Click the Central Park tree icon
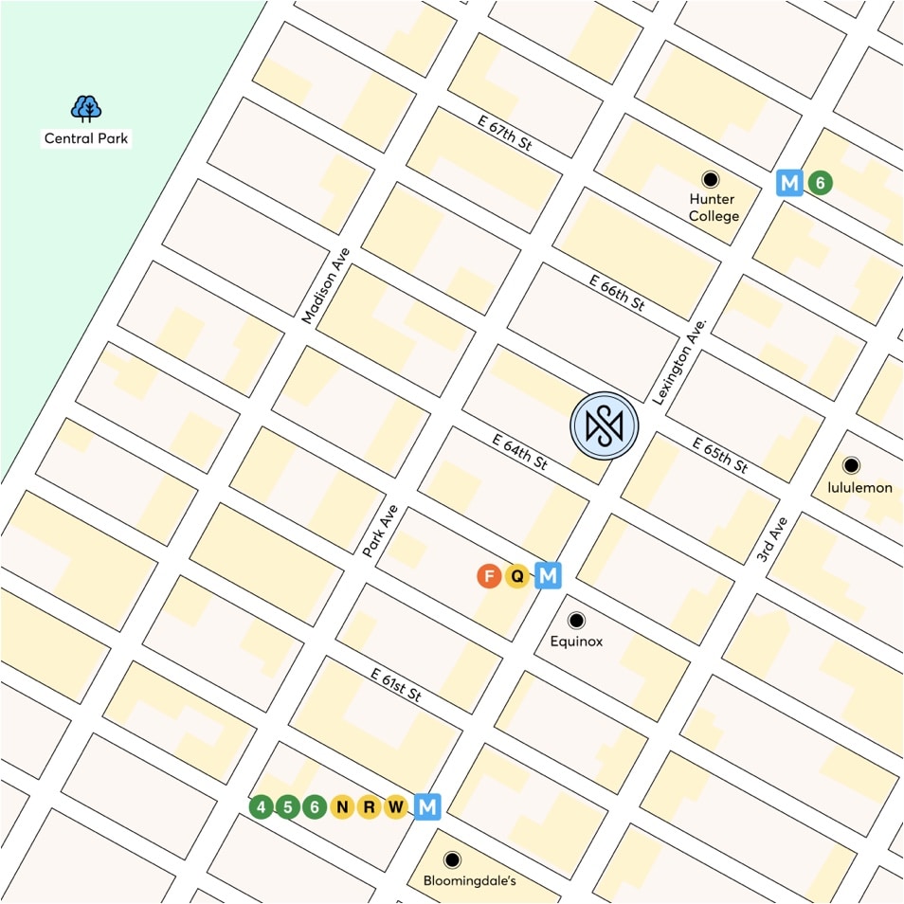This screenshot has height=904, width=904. pos(86,109)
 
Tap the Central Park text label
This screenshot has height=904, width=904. pos(86,138)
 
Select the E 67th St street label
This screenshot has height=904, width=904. pos(503,132)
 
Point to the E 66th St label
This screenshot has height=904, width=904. pos(616,293)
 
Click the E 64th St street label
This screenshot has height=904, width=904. pos(520,451)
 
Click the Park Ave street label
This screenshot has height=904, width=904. pos(380,531)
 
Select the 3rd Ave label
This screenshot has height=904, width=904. pos(772,540)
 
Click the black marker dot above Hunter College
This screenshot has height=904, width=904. pos(710,178)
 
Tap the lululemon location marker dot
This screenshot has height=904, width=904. pos(851,465)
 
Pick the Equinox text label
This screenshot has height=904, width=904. pos(576,642)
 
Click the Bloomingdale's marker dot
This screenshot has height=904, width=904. pos(453,859)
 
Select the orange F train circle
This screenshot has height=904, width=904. pos(489,575)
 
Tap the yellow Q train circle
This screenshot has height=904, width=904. pos(517,575)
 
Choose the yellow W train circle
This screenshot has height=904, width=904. pos(397,807)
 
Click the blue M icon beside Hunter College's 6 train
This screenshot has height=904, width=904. pos(789,183)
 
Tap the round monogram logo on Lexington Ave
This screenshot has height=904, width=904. pos(605,425)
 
